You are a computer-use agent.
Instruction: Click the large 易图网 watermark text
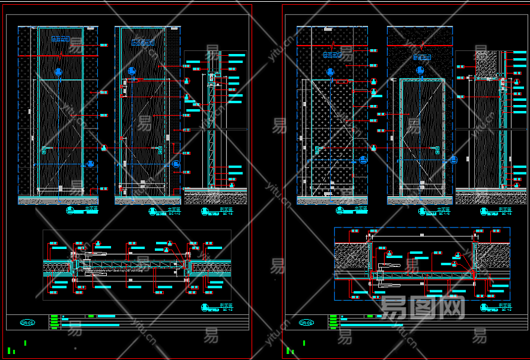point(423,307)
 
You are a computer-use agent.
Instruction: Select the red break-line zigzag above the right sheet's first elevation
point(332,45)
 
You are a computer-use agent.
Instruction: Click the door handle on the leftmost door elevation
point(44,149)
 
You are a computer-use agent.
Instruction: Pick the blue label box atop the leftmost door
point(60,39)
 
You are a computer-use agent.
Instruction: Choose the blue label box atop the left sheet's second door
point(143,43)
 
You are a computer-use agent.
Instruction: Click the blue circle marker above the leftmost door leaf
point(59,72)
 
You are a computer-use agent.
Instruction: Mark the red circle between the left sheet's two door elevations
point(103,148)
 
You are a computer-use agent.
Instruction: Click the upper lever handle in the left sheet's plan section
point(88,255)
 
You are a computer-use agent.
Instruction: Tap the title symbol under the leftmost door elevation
point(70,211)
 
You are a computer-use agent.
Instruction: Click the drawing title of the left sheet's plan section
point(210,307)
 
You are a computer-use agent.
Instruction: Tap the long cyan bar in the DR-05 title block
point(90,325)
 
